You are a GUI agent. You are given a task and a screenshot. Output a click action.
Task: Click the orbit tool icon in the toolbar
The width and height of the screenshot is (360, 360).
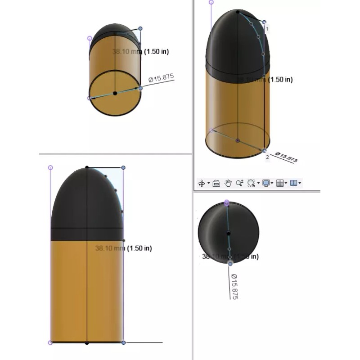(202, 183)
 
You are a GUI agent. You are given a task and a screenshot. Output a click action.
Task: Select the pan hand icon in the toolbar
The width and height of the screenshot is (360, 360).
(228, 183)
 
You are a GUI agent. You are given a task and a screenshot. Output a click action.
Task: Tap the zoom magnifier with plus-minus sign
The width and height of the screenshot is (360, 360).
(239, 183)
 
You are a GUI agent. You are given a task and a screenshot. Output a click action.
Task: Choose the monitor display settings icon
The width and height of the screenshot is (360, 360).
(266, 183)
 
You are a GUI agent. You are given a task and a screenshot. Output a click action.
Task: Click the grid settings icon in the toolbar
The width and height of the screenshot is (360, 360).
(280, 183)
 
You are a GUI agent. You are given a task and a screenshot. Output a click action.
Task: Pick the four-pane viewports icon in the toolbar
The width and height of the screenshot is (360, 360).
(293, 183)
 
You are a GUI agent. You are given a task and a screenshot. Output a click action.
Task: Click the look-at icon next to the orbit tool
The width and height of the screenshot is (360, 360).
(216, 183)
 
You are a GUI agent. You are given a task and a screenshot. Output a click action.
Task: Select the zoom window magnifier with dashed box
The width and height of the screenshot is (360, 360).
(251, 183)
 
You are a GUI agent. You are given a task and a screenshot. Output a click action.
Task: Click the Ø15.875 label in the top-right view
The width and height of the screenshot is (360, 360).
(287, 157)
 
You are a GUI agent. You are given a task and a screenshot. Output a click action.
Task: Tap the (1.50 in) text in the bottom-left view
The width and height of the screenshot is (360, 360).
(139, 248)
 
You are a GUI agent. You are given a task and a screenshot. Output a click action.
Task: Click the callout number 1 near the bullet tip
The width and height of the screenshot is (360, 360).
(267, 29)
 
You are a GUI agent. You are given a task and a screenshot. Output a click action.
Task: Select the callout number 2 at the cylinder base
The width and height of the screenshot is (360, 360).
(267, 157)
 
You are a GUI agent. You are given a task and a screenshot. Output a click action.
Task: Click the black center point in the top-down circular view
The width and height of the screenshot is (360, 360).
(229, 233)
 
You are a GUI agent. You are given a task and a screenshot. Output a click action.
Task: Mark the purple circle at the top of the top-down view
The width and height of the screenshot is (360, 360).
(227, 203)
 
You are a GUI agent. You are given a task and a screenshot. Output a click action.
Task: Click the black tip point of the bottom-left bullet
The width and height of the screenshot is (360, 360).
(87, 167)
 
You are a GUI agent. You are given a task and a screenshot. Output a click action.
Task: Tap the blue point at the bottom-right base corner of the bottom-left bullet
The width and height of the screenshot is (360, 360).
(124, 342)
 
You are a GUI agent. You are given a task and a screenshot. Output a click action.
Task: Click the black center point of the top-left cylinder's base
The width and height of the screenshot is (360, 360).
(115, 93)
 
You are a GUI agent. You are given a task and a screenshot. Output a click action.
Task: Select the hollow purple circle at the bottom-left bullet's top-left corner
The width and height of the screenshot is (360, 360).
(50, 167)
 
